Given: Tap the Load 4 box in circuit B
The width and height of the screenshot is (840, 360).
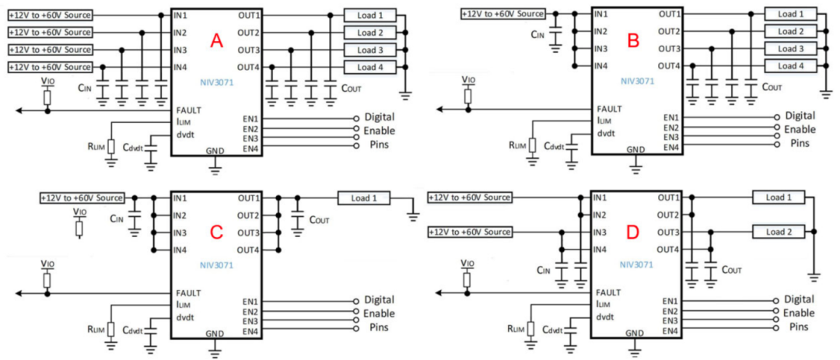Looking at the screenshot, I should (x=790, y=66).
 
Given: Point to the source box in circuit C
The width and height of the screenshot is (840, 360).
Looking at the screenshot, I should (x=82, y=197).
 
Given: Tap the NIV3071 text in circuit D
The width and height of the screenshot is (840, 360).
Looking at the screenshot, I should (x=635, y=264).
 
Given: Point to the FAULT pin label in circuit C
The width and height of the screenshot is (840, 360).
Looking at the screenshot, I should (x=189, y=292).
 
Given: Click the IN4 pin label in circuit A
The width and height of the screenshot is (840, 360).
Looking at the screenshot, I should (x=180, y=68).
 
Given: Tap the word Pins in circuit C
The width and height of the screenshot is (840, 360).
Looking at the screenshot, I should (x=379, y=330).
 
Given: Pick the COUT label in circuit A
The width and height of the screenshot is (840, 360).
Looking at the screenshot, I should (x=351, y=88).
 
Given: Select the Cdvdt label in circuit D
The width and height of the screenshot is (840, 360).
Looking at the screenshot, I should (x=553, y=330).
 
